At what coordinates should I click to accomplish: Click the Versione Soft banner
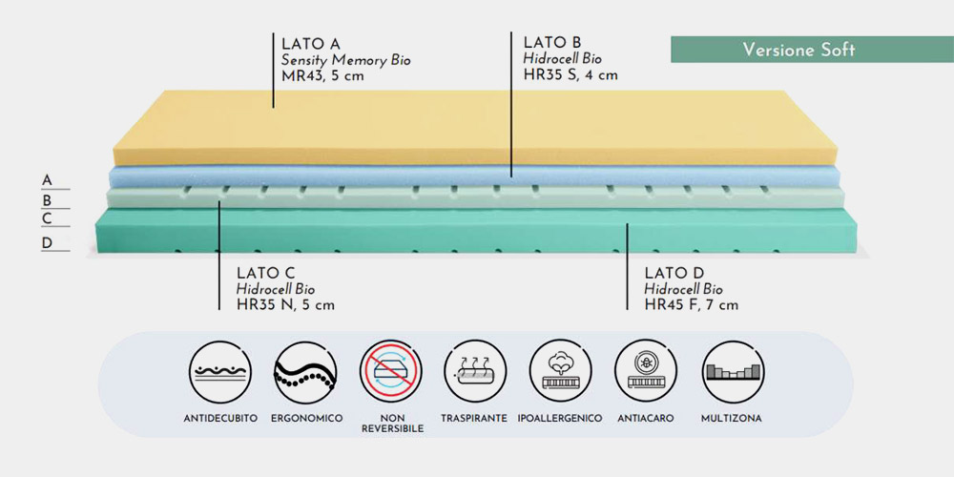click(x=812, y=50)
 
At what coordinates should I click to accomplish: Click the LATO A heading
click(x=311, y=44)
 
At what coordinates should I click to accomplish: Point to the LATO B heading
click(x=552, y=42)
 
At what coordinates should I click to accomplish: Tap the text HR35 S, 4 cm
click(x=570, y=74)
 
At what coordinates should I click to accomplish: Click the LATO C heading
click(x=266, y=273)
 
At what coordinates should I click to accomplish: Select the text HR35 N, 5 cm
click(x=285, y=305)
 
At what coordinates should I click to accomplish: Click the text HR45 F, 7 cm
click(x=692, y=305)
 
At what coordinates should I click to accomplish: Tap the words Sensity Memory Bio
click(x=345, y=60)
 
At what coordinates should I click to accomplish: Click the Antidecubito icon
click(x=220, y=372)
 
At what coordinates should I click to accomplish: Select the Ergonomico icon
click(x=305, y=372)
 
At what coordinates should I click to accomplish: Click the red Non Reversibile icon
click(x=390, y=372)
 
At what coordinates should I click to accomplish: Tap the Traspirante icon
click(x=475, y=372)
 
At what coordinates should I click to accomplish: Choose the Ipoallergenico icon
click(x=560, y=372)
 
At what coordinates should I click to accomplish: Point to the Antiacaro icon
click(x=646, y=372)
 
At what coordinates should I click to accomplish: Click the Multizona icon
click(x=732, y=372)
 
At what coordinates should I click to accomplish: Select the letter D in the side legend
click(x=47, y=243)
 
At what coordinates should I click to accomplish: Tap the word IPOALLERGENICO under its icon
click(x=560, y=419)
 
